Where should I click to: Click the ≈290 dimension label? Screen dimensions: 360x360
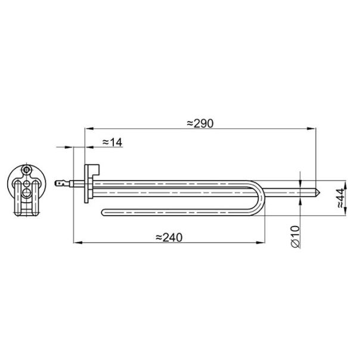click(x=200, y=123)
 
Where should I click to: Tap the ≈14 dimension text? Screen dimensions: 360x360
click(x=112, y=142)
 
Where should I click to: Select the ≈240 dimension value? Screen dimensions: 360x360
click(x=169, y=237)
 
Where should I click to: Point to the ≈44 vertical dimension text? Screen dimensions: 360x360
click(x=342, y=198)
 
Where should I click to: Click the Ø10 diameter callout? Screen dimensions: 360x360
click(x=296, y=237)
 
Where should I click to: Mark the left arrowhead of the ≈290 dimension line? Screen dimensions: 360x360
click(x=89, y=129)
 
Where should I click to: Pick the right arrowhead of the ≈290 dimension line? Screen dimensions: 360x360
click(x=312, y=129)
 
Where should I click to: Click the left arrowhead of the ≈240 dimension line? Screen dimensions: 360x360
click(x=77, y=243)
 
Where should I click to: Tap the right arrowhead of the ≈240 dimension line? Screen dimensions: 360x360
click(x=260, y=243)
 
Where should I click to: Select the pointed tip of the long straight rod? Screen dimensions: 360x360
click(x=318, y=193)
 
